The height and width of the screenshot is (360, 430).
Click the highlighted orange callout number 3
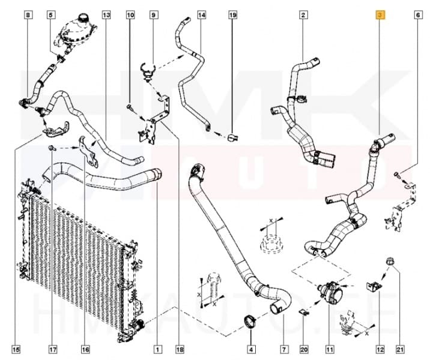coord(380,14)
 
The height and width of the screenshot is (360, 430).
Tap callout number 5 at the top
coord(50,14)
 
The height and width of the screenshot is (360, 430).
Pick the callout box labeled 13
coord(106,14)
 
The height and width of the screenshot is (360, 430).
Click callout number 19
coord(232,14)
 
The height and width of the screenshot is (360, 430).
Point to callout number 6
coord(417,14)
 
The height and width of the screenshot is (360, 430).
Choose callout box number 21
coord(398,348)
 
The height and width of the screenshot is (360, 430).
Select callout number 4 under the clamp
coord(250,348)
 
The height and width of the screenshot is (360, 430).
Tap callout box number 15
coord(16,348)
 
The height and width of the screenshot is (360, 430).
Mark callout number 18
coord(178,348)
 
